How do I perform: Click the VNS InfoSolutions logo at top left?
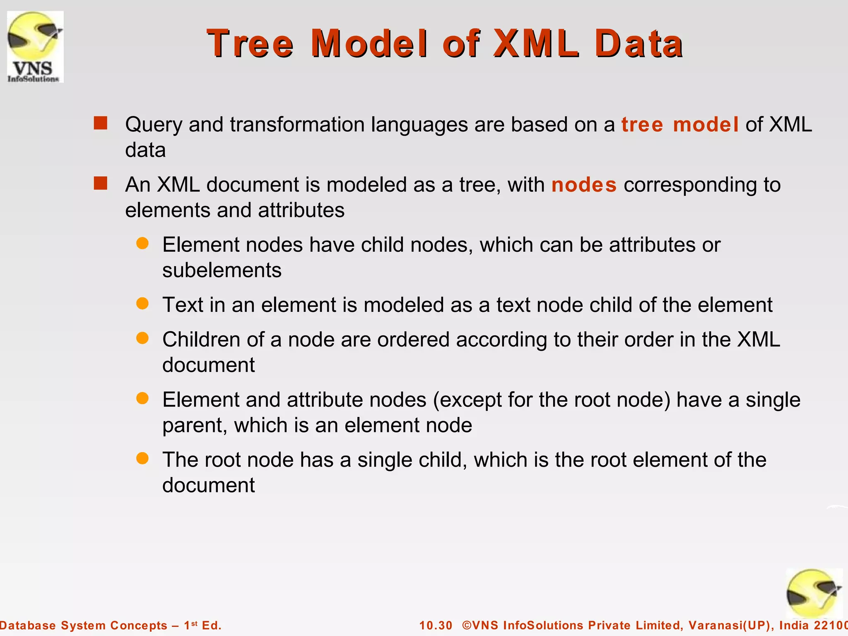tap(35, 47)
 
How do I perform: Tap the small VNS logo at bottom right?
tap(814, 593)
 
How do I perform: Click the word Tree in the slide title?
tap(250, 43)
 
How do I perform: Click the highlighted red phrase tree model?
tap(679, 125)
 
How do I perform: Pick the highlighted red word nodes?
tap(584, 185)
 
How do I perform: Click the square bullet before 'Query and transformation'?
tap(101, 123)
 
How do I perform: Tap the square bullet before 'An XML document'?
tap(101, 183)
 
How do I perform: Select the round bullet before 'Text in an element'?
tap(142, 304)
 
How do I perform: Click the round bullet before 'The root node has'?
tap(142, 458)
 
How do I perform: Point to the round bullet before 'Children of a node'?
tap(142, 338)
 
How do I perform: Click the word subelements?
tap(222, 270)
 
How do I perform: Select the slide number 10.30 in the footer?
tap(436, 625)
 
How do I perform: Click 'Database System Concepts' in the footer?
tap(83, 625)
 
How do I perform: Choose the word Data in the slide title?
tap(638, 43)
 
